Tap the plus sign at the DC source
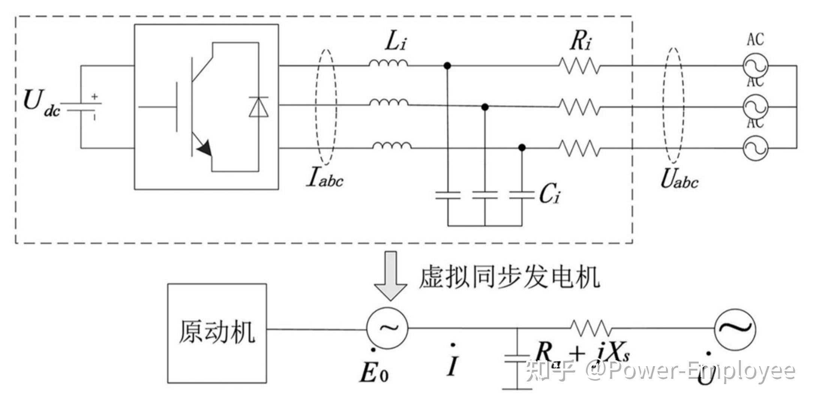pyautogui.click(x=94, y=97)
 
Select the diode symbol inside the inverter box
pyautogui.click(x=259, y=107)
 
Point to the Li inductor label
pyautogui.click(x=395, y=42)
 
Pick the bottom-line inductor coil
pyautogui.click(x=392, y=146)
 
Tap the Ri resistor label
pyautogui.click(x=581, y=42)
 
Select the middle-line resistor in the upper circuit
pyautogui.click(x=579, y=107)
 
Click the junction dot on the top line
pyautogui.click(x=447, y=66)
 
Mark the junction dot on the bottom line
pyautogui.click(x=522, y=148)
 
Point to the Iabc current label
pyautogui.click(x=325, y=179)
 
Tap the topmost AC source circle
pyautogui.click(x=755, y=66)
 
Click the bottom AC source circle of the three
pyautogui.click(x=755, y=148)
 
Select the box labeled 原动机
pyautogui.click(x=217, y=333)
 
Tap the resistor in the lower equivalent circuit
pyautogui.click(x=591, y=328)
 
